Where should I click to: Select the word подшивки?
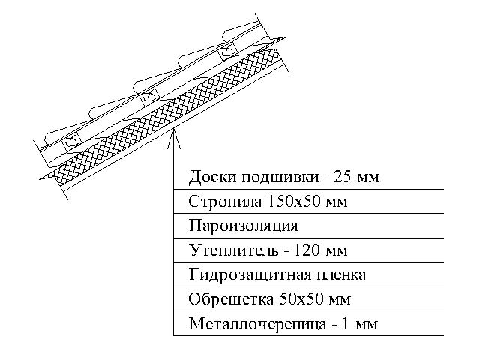[x=280, y=178]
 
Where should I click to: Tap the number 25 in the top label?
[x=342, y=177]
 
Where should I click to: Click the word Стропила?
[x=225, y=202]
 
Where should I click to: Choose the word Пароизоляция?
[x=244, y=226]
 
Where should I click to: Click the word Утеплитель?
[x=234, y=250]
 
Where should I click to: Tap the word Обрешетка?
[x=231, y=299]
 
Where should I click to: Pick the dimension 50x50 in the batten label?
[x=301, y=298]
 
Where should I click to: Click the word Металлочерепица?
[x=257, y=323]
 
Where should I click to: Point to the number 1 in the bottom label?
[x=345, y=323]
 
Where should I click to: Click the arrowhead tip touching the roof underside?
[x=173, y=129]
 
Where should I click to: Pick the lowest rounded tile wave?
[x=61, y=136]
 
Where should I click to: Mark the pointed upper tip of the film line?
[x=286, y=37]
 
